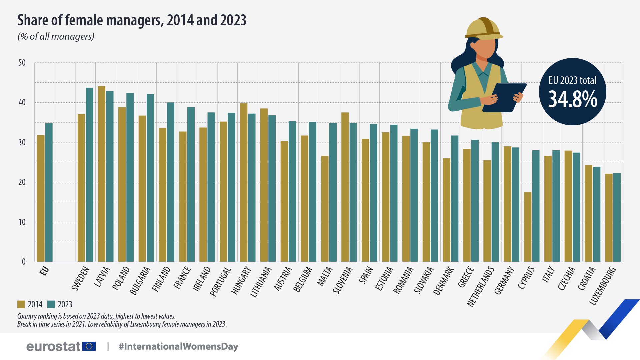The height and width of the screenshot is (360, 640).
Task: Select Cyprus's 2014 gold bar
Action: point(528,227)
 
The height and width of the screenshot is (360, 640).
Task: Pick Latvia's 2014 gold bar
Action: point(102,174)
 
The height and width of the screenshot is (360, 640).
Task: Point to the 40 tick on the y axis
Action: point(22,103)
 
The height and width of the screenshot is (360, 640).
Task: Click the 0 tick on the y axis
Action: point(24,262)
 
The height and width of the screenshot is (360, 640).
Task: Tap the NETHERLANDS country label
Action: point(481,287)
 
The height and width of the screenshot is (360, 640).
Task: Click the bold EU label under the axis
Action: point(44,271)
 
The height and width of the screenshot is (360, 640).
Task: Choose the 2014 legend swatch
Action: point(21,304)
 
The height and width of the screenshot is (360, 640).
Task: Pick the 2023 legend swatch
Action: point(51,304)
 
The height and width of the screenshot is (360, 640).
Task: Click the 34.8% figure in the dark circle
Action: point(573,99)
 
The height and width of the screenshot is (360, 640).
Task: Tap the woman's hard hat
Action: point(483,28)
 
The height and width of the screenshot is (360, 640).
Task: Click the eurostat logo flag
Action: point(89,346)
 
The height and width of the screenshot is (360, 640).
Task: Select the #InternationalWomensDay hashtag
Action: point(178,346)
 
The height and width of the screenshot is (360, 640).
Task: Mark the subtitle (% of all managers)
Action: point(56,36)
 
